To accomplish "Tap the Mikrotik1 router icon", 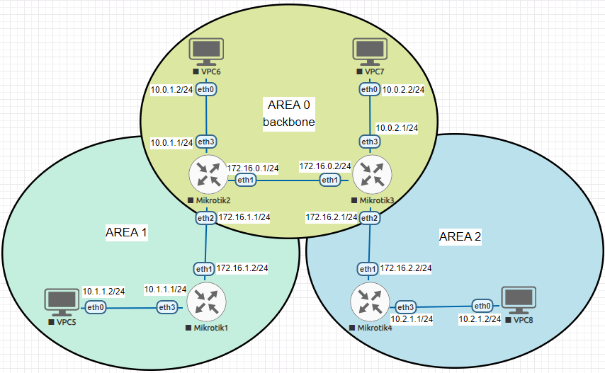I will point(206,306).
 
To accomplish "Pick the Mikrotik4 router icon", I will point(369,303).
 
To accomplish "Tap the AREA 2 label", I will point(460,237).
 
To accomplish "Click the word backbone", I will point(289,122).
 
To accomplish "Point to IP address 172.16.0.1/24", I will point(253,168).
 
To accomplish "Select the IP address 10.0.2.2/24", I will point(403,90).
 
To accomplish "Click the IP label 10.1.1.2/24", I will point(103,291).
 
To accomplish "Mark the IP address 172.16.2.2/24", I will point(406,268).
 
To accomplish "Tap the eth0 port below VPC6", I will point(206,89).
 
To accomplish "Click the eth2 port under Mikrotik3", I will point(369,218).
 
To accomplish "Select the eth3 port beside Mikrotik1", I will point(167,307).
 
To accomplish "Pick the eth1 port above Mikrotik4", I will point(368,269).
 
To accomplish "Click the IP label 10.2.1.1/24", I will point(411,319).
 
